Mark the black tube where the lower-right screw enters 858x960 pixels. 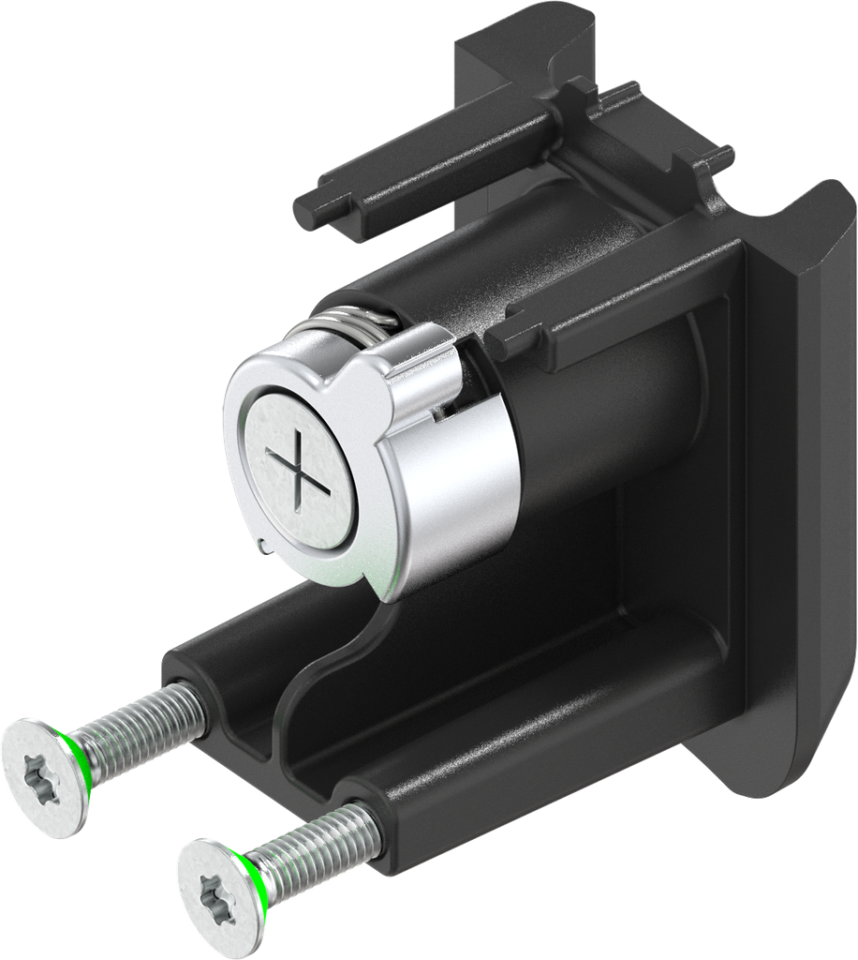click(370, 806)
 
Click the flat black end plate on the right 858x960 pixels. click(787, 469)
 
